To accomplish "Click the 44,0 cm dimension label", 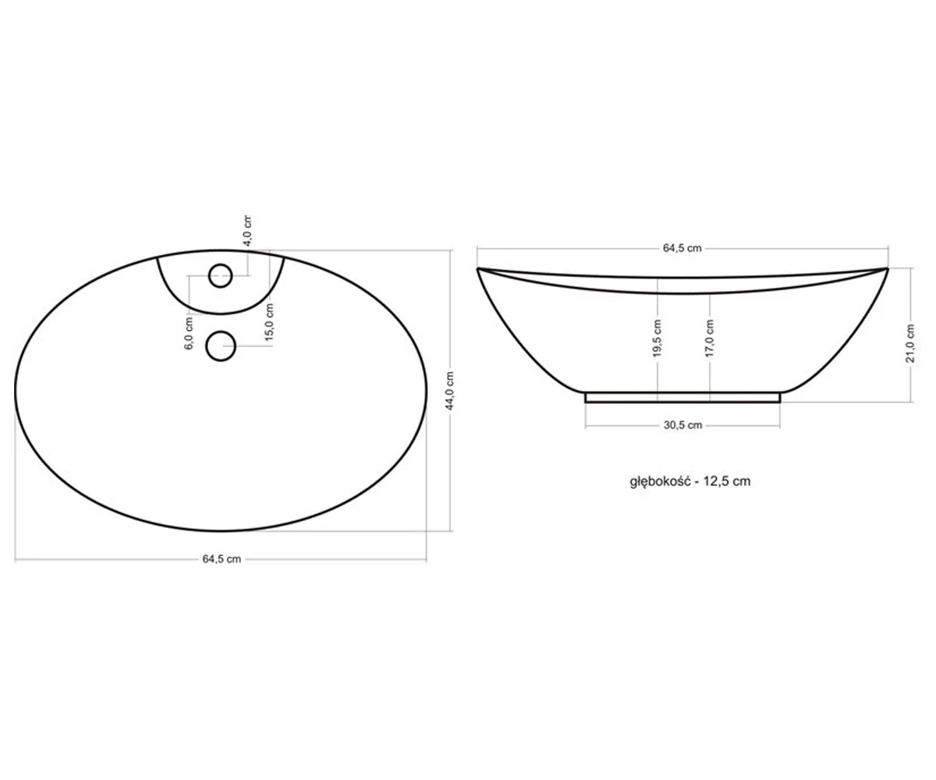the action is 450,391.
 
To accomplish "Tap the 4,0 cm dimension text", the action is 247,230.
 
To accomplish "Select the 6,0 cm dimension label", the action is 189,333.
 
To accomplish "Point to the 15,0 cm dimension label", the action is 269,322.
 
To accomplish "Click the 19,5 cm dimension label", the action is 658,338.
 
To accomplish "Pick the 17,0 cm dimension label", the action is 709,338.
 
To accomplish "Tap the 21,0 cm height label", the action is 910,343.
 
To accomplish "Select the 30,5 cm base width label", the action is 682,425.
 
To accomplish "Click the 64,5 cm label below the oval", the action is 222,559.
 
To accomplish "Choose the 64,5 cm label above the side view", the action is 682,248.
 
